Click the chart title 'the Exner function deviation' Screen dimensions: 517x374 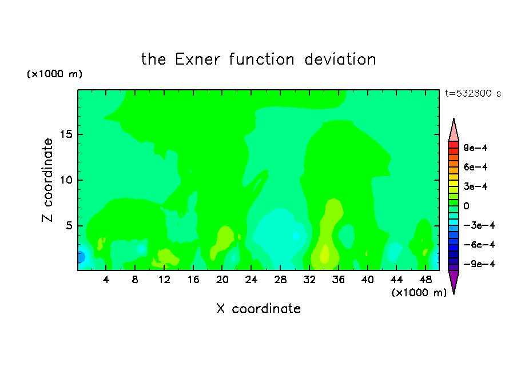tap(258, 59)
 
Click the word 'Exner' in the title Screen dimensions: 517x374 tap(197, 59)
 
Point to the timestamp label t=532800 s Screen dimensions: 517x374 tap(473, 94)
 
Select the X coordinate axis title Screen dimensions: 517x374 tap(258, 308)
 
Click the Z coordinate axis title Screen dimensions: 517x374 tap(47, 180)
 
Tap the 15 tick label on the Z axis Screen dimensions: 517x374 tap(66, 134)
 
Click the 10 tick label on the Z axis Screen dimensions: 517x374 tap(66, 180)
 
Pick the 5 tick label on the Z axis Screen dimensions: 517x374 tap(69, 226)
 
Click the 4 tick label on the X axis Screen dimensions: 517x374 tap(106, 280)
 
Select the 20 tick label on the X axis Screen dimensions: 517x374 tap(222, 280)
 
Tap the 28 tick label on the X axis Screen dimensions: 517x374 tap(280, 280)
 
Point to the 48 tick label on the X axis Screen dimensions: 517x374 tap(425, 280)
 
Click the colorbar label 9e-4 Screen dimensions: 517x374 tap(475, 148)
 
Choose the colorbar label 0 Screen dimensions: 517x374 tap(466, 206)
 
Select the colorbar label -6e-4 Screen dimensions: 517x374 tap(479, 245)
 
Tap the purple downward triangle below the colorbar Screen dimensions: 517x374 tap(454, 280)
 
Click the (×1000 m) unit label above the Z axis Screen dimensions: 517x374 tap(54, 74)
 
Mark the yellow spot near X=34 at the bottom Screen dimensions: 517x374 tap(325, 254)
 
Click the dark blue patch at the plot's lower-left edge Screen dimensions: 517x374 tap(81, 257)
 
